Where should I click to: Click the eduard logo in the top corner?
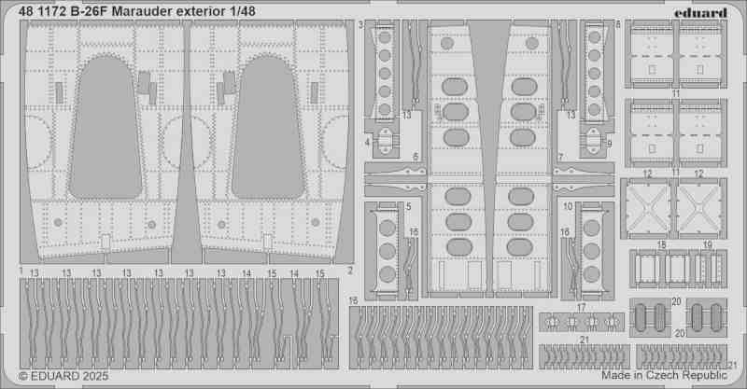700,12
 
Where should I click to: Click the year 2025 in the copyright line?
95,376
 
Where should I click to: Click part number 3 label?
361,24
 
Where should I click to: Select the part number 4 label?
367,142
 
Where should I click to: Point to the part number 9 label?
610,143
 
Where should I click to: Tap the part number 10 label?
568,207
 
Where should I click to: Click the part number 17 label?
581,308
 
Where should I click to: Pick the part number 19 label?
708,244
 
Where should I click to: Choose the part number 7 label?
561,158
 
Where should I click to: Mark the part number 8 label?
618,24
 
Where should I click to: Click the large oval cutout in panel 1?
105,128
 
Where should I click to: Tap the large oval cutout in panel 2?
268,128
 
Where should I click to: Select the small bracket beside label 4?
386,140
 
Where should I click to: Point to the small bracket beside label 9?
593,140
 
